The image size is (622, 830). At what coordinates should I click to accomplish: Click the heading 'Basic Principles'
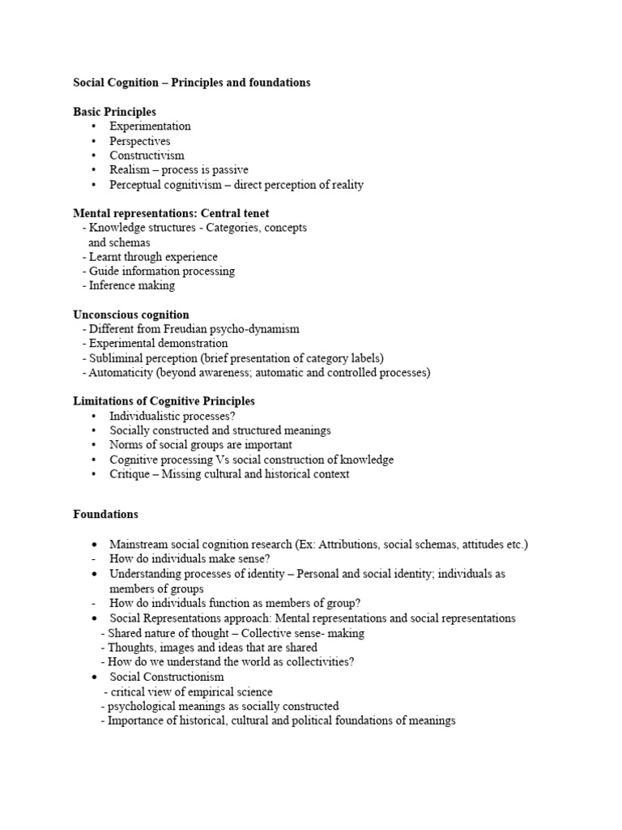pos(114,112)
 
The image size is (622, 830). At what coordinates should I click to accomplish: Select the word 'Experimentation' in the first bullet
pos(150,126)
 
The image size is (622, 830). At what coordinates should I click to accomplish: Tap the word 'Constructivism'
pos(147,156)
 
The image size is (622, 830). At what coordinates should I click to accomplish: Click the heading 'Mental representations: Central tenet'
pos(171,213)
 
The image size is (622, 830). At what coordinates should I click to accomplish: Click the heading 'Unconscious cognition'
pos(130,314)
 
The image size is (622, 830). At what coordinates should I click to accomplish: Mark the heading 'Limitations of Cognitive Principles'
pos(164,401)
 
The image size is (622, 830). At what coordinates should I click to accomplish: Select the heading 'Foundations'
pos(105,514)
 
